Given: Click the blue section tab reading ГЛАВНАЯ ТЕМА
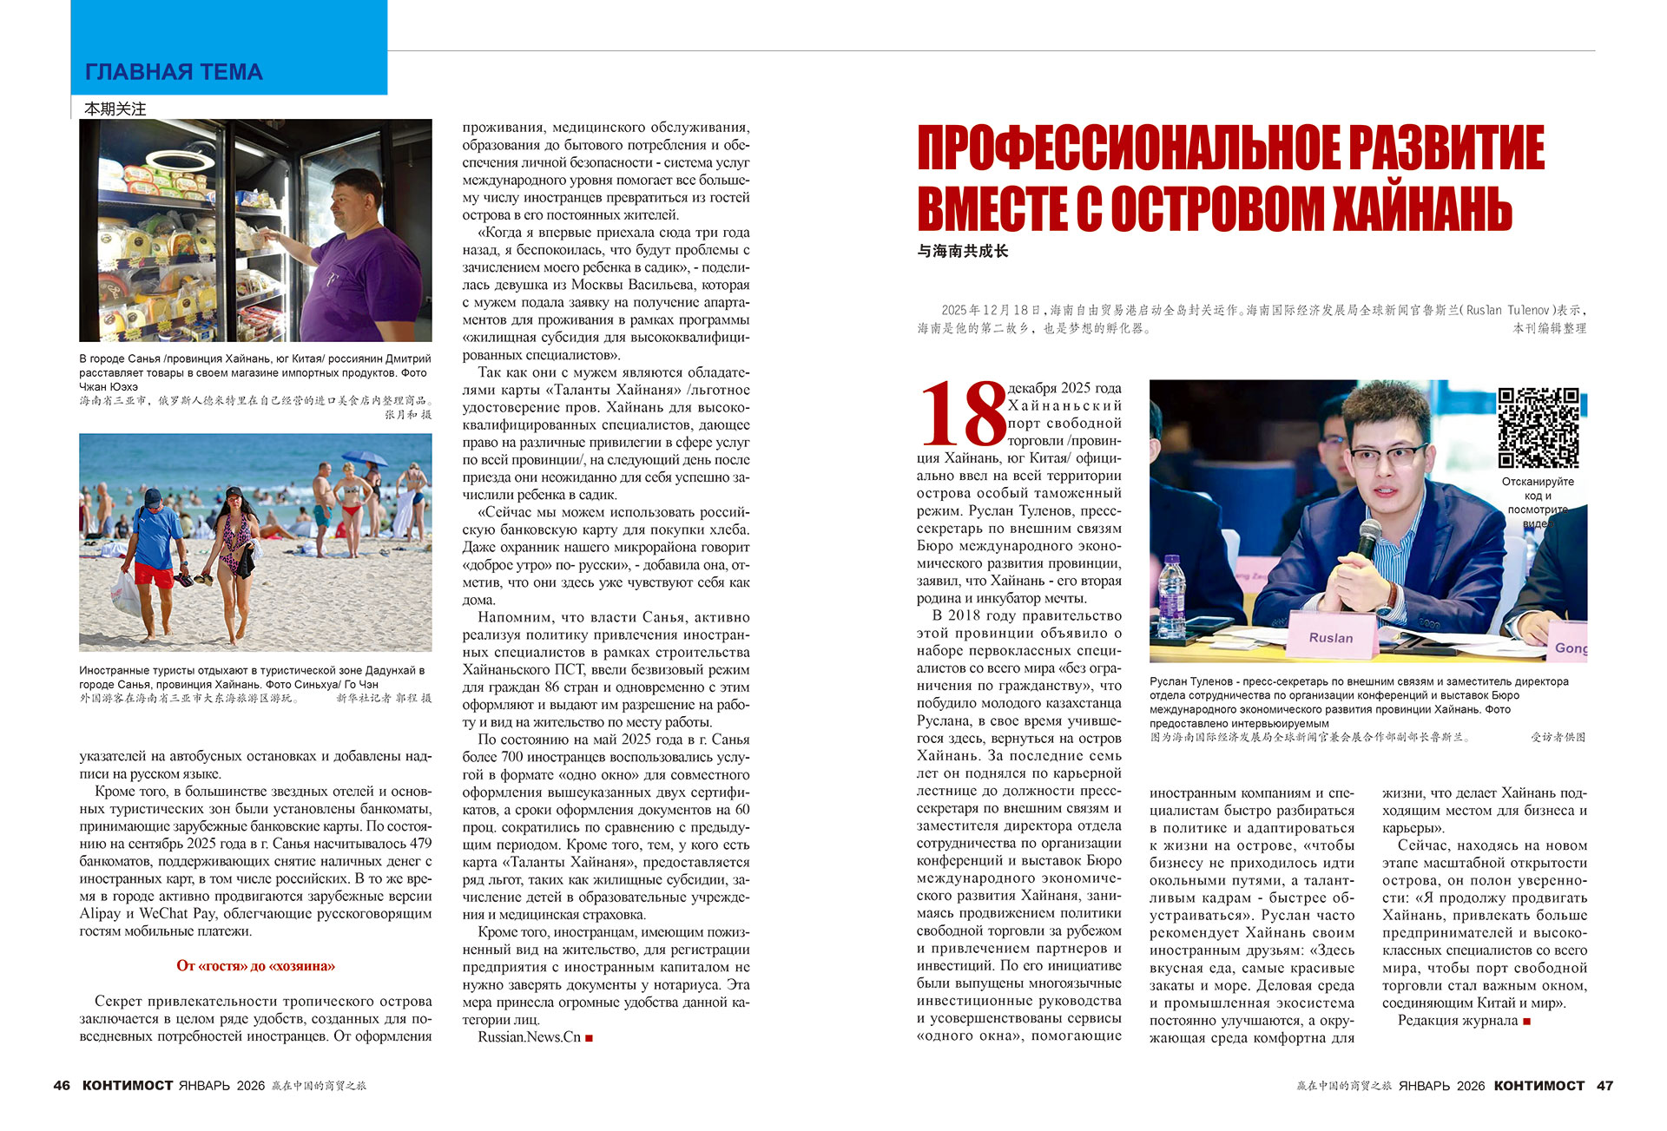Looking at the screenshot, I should pyautogui.click(x=174, y=72).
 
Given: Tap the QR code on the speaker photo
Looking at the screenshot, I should pyautogui.click(x=1538, y=427).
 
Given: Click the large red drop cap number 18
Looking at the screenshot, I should pyautogui.click(x=962, y=414).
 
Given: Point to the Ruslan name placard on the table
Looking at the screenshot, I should pyautogui.click(x=1331, y=637).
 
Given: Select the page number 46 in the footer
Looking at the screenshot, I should pyautogui.click(x=62, y=1085).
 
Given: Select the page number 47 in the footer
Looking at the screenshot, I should pyautogui.click(x=1604, y=1085).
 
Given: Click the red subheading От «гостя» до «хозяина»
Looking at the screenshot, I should pyautogui.click(x=255, y=966).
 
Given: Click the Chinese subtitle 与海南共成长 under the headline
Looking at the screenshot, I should pyautogui.click(x=963, y=251).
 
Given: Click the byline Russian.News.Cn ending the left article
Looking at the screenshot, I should pyautogui.click(x=529, y=1037).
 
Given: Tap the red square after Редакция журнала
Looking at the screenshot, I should pyautogui.click(x=1527, y=1021).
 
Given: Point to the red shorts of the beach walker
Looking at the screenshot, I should pyautogui.click(x=154, y=575).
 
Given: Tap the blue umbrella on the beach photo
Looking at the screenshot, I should pyautogui.click(x=365, y=458).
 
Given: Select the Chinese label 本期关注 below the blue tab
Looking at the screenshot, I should pyautogui.click(x=115, y=108).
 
